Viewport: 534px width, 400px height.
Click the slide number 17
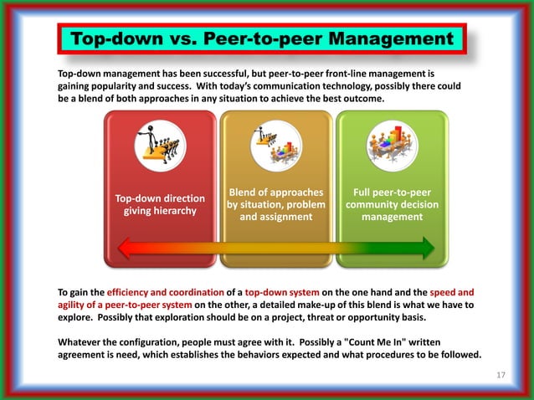pos(501,374)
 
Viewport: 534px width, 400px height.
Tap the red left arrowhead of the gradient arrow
pos(127,248)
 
